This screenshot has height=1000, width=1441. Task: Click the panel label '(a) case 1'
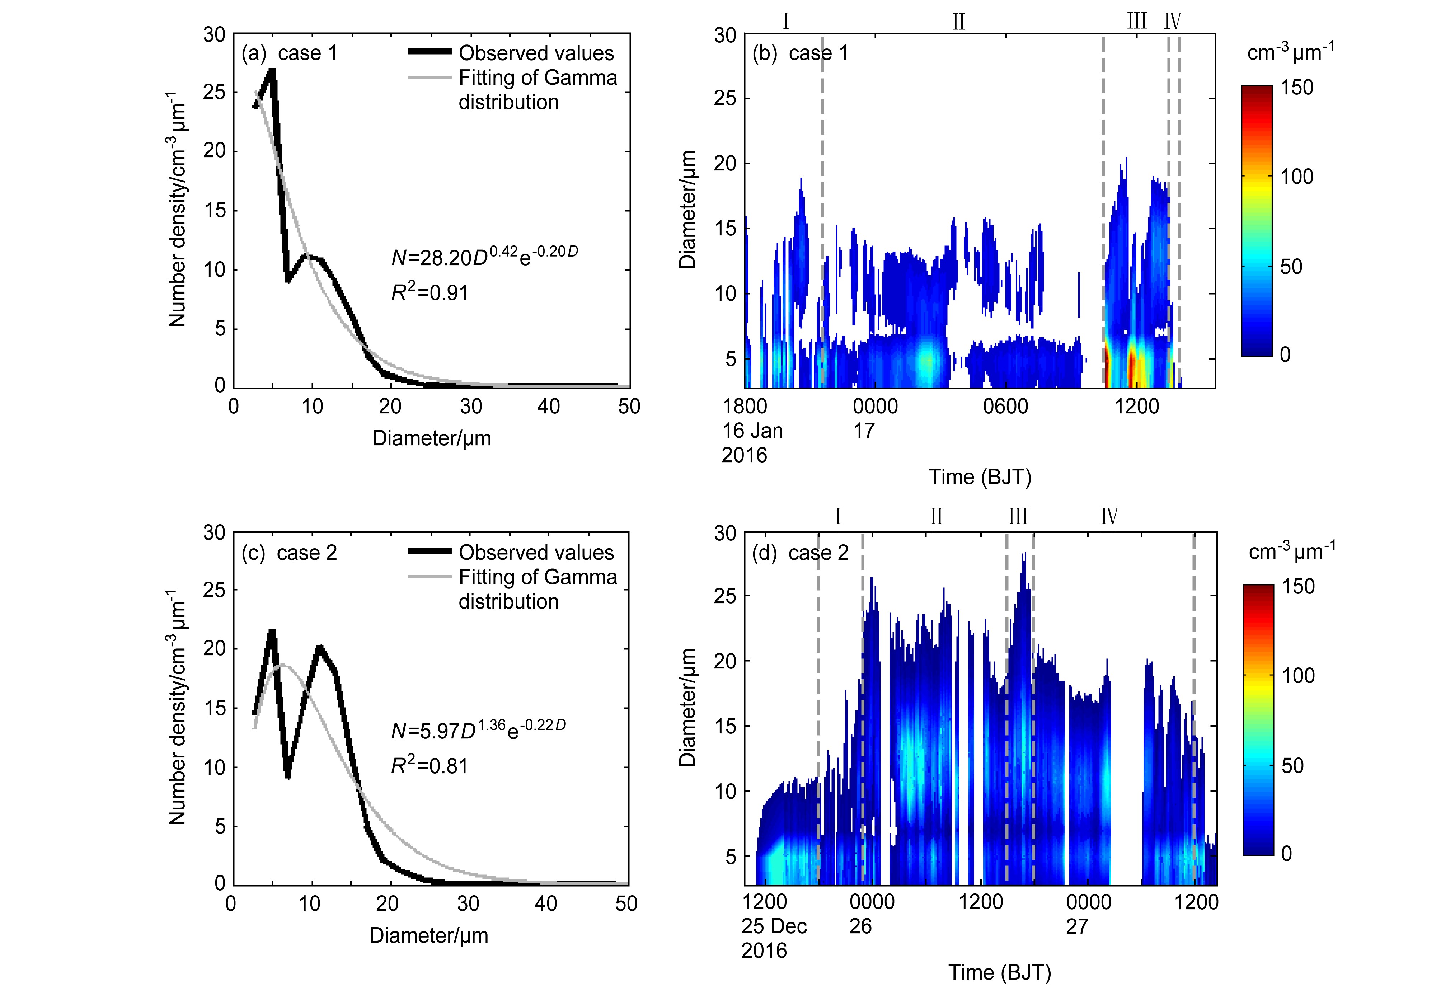tap(290, 53)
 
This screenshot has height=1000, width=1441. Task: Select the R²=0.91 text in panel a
tap(430, 292)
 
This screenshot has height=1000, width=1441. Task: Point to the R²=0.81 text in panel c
tap(430, 766)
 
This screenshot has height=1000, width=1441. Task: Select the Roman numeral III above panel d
tap(1018, 517)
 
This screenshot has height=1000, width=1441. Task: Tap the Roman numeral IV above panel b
tap(1172, 22)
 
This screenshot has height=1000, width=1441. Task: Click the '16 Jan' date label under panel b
tap(753, 431)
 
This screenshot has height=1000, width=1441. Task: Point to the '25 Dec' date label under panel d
tap(774, 926)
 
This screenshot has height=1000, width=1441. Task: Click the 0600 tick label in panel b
tap(1005, 407)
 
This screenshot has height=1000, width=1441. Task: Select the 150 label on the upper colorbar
tap(1296, 88)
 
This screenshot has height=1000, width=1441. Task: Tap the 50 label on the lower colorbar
tap(1291, 766)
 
